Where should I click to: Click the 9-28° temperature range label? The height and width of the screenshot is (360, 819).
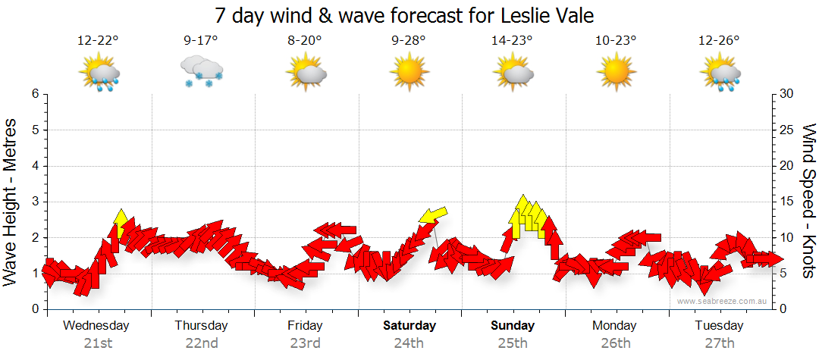pos(409,41)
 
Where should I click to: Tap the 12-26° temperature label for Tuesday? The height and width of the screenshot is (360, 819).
pos(719,41)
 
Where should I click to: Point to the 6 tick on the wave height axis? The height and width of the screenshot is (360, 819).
pos(34,94)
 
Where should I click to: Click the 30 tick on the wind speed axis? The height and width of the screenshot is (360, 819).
pos(787,94)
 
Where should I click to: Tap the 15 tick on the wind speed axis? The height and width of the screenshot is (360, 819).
pos(787,202)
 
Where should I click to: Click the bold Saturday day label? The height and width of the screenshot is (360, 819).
pos(409,326)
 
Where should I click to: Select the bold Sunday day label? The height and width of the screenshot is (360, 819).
pos(513,326)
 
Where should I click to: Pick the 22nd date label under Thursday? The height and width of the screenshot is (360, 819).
pos(202,343)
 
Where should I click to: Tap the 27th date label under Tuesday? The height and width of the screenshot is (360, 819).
pos(719,343)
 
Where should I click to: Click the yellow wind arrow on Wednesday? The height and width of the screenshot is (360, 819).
pos(120,221)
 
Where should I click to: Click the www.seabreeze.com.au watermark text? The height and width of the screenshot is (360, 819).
pos(723,302)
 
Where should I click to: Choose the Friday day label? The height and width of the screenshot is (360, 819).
pos(305,326)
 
